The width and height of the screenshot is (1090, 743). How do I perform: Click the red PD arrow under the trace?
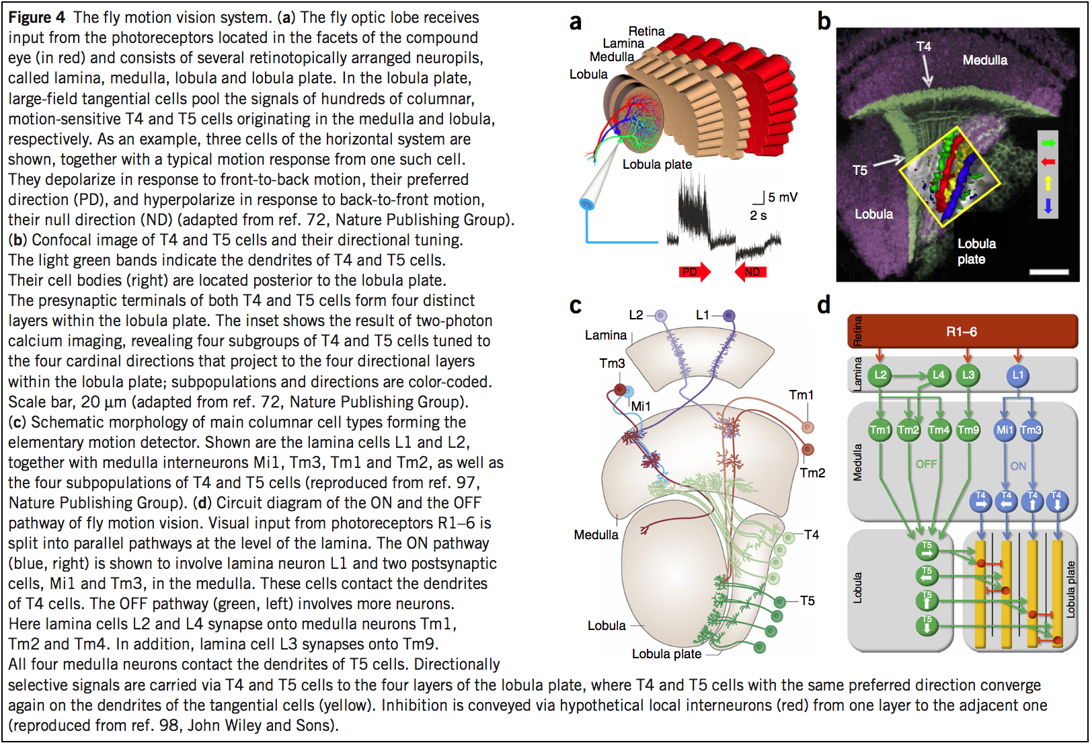tap(695, 272)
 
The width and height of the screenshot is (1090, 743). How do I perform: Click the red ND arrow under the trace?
tap(751, 272)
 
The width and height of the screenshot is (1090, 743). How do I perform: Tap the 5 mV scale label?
tap(783, 197)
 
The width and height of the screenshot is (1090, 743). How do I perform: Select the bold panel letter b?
tap(824, 22)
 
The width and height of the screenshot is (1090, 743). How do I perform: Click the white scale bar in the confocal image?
tap(1048, 272)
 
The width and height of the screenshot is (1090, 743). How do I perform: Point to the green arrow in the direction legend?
tap(1048, 143)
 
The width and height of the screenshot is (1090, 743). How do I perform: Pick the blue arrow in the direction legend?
tap(1048, 206)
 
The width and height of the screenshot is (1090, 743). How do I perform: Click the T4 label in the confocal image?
tap(924, 46)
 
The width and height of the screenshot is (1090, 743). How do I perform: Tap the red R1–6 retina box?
tap(962, 331)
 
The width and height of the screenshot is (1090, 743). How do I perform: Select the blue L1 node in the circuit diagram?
tap(1017, 375)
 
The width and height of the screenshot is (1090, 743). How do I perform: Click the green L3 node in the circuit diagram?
tap(968, 375)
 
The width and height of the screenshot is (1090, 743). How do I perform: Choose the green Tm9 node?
tap(968, 430)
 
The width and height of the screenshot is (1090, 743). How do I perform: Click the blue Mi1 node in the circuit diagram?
tap(1005, 430)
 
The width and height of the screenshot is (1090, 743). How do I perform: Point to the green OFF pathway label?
tap(926, 464)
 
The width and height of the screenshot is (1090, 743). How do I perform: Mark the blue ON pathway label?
tap(1018, 466)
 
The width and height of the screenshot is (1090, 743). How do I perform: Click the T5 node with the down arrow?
tap(927, 625)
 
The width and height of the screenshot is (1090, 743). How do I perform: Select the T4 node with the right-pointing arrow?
tap(980, 501)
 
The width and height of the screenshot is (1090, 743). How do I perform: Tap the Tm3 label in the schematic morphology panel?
tap(612, 363)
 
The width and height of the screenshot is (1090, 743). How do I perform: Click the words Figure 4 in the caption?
tap(37, 17)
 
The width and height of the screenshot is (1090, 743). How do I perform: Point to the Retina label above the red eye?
tap(646, 31)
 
